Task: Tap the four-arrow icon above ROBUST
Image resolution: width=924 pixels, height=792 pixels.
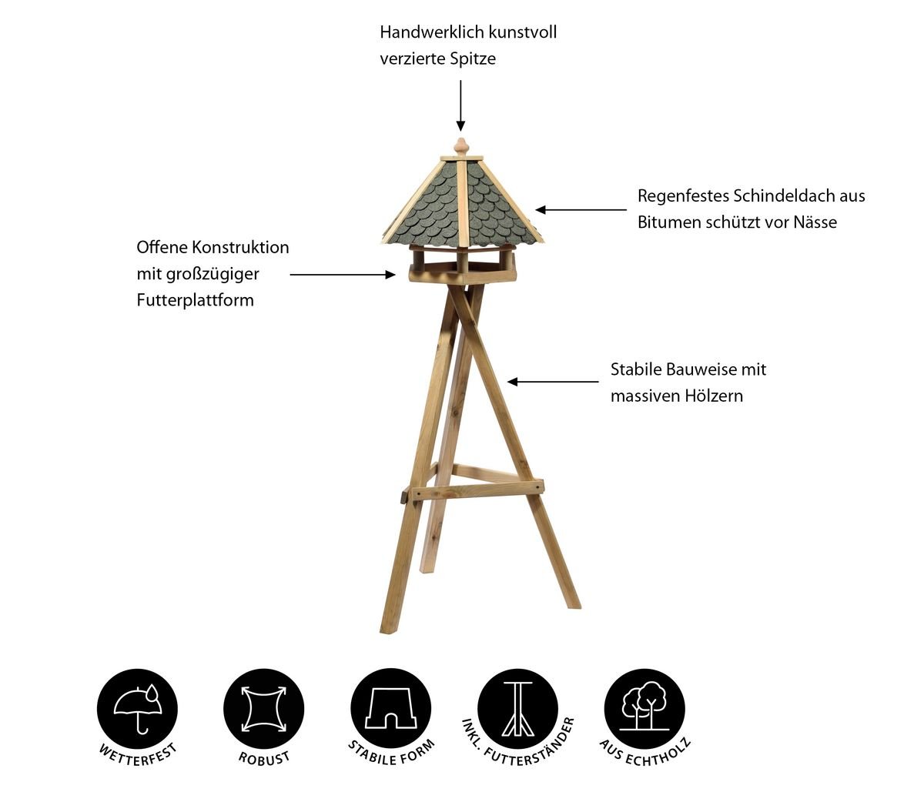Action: click(264, 710)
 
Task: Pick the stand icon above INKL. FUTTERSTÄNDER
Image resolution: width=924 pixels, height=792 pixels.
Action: click(517, 709)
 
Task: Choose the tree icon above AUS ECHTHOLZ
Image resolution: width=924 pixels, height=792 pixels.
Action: click(644, 707)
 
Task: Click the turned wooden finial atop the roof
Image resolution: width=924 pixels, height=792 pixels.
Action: click(461, 147)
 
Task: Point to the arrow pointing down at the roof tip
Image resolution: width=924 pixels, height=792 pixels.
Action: click(461, 106)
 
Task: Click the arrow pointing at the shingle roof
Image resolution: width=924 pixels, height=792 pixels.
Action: click(581, 209)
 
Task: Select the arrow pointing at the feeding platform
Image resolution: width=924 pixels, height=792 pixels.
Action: click(343, 275)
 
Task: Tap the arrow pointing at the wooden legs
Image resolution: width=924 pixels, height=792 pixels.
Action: click(553, 382)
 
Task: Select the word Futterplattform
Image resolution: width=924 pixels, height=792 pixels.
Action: click(196, 300)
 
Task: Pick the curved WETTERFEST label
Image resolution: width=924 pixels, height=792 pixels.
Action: click(137, 754)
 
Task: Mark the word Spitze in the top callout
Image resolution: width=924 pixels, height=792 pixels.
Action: click(474, 59)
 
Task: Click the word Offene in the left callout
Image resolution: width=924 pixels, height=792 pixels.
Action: click(162, 247)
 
